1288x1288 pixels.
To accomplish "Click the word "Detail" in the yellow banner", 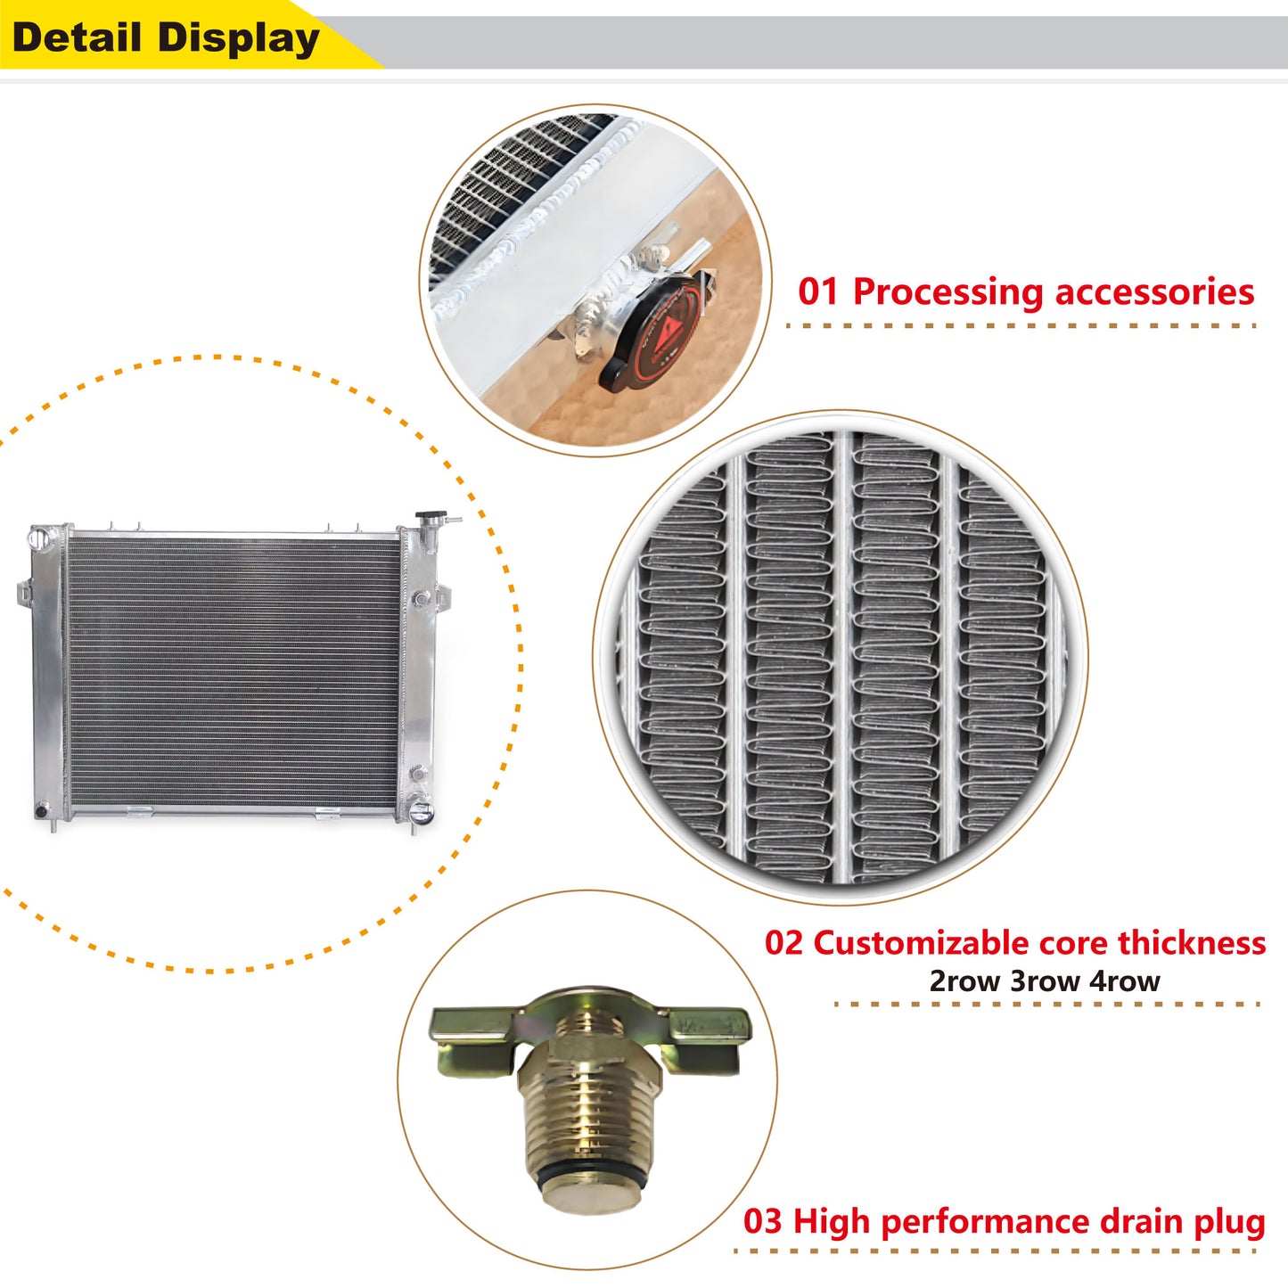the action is (77, 37).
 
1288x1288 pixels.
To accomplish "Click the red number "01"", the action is (817, 292).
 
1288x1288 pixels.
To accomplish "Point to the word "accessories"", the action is (1155, 293).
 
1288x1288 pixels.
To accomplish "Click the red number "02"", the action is (783, 943).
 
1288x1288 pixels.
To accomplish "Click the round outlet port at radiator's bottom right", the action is (421, 813).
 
